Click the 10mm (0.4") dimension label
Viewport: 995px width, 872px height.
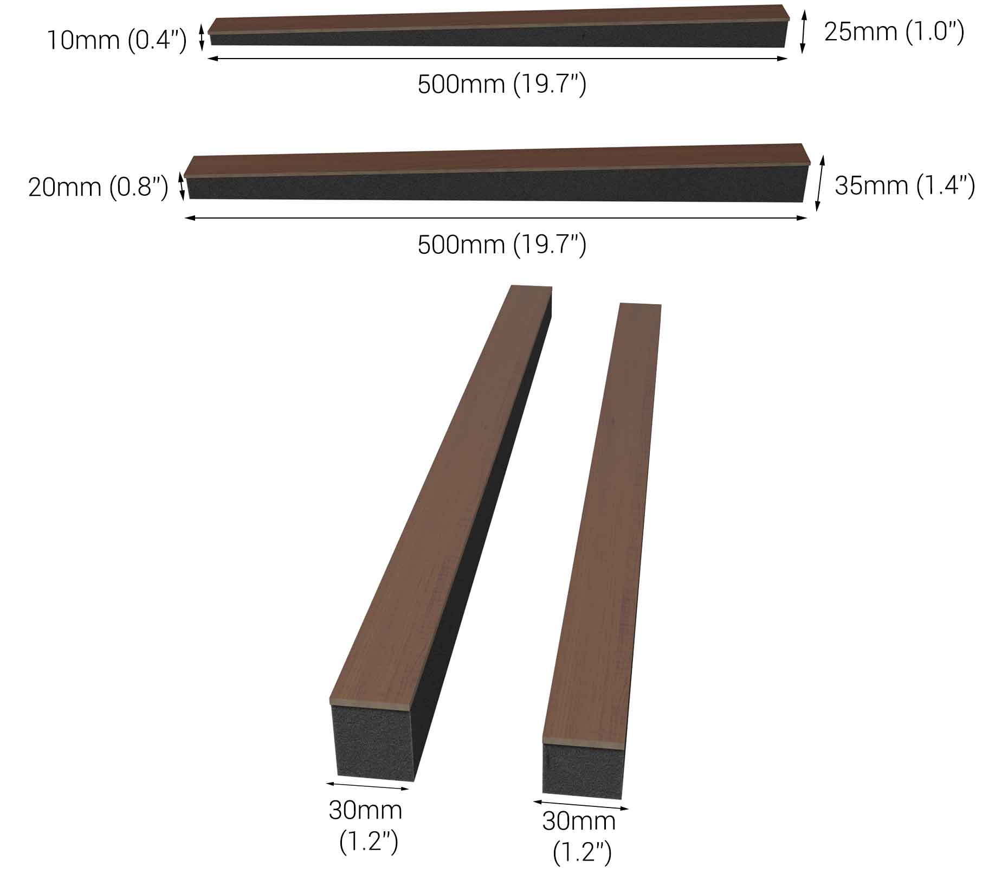point(117,40)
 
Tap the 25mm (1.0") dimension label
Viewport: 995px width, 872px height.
point(894,32)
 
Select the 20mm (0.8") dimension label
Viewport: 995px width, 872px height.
point(98,188)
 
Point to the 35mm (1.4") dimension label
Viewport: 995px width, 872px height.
point(904,185)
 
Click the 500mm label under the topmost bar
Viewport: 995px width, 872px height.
point(502,85)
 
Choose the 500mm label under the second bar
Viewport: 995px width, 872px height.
point(502,245)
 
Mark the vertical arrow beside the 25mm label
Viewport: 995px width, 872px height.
point(803,33)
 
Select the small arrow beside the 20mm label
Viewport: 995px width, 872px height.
point(182,186)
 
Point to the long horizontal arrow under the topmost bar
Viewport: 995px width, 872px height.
point(497,59)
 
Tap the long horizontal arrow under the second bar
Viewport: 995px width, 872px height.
point(496,218)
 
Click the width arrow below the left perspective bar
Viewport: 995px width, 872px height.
point(367,786)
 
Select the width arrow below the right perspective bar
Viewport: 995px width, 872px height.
point(580,805)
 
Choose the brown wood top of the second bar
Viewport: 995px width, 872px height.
point(496,160)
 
